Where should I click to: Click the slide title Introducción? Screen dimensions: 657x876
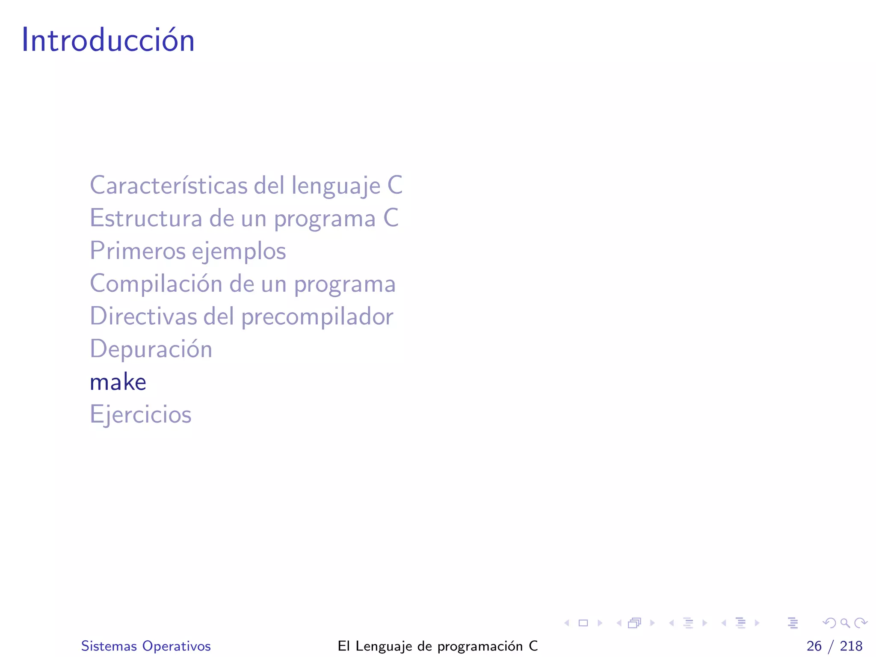(108, 40)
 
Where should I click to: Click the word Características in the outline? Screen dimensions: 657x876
(169, 186)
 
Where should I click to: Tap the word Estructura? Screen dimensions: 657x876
(145, 218)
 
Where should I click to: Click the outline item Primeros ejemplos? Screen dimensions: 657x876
(188, 251)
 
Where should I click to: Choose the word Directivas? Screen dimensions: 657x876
(144, 316)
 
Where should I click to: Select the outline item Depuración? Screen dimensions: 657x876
(151, 349)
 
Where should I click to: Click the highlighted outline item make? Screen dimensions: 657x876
(118, 382)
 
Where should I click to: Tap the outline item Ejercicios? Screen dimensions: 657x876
(141, 414)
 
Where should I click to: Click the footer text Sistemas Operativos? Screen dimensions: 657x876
(146, 646)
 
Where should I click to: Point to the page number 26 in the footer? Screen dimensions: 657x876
(814, 646)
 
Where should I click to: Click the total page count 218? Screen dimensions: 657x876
(851, 646)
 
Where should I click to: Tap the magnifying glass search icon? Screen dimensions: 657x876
(845, 623)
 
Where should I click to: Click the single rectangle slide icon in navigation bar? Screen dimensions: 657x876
(583, 623)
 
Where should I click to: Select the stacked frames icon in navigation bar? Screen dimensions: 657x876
(635, 623)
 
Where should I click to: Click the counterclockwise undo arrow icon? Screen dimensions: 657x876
(829, 623)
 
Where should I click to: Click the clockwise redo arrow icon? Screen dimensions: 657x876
(861, 623)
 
